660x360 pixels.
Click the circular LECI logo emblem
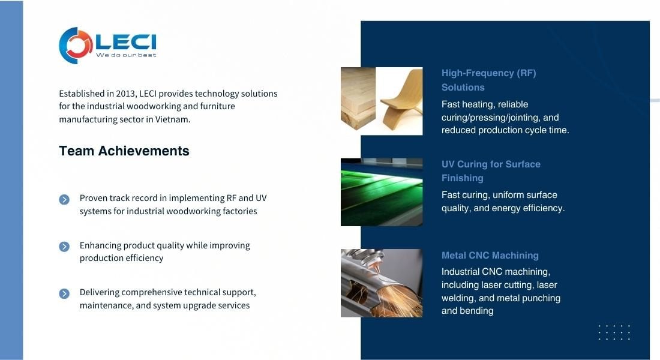pos(76,46)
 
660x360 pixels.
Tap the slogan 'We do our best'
pos(126,55)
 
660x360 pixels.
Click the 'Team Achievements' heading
pos(124,151)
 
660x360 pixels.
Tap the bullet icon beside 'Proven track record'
pos(64,199)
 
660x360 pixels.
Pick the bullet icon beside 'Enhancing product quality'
pos(64,247)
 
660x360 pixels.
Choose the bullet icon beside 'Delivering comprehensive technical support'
pos(64,293)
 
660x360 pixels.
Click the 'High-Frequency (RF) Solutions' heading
pos(488,80)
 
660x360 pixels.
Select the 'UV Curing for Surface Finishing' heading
pos(491,171)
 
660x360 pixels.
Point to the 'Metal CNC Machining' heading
pos(490,256)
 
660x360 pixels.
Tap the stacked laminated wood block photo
pos(358,99)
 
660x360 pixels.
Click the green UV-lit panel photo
pos(382,192)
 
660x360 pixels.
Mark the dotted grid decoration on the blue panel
pos(614,332)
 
